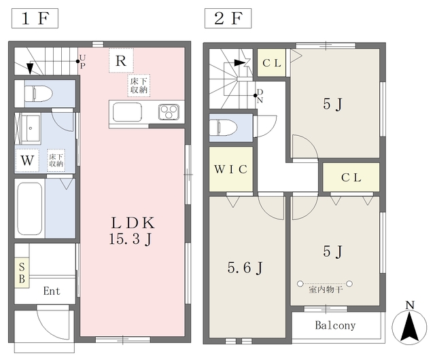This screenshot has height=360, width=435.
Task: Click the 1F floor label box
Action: [35, 18]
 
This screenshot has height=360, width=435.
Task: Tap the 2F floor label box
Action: [228, 18]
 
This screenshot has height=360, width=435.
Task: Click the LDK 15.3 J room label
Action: [133, 231]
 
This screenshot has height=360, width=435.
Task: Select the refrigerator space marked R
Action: [121, 60]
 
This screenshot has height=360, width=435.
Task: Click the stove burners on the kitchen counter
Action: [169, 112]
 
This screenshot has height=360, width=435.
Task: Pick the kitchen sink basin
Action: [127, 112]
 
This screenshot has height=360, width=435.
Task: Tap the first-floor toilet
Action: [39, 94]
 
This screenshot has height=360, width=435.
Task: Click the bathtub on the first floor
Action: [30, 209]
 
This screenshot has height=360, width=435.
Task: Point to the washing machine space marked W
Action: [27, 160]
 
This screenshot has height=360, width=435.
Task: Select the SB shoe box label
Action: [22, 273]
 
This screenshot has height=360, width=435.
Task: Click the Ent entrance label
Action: [52, 291]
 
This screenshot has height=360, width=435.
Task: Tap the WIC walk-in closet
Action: [231, 169]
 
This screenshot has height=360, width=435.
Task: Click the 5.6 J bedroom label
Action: [245, 268]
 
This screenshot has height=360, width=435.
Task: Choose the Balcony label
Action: [335, 325]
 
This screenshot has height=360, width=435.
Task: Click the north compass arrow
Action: [409, 325]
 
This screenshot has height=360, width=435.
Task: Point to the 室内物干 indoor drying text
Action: [326, 290]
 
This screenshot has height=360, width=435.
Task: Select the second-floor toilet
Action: [224, 128]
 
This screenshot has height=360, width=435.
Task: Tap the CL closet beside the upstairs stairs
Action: [271, 62]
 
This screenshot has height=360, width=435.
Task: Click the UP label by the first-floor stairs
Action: [82, 62]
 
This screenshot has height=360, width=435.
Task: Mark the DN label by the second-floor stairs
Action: [260, 96]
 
